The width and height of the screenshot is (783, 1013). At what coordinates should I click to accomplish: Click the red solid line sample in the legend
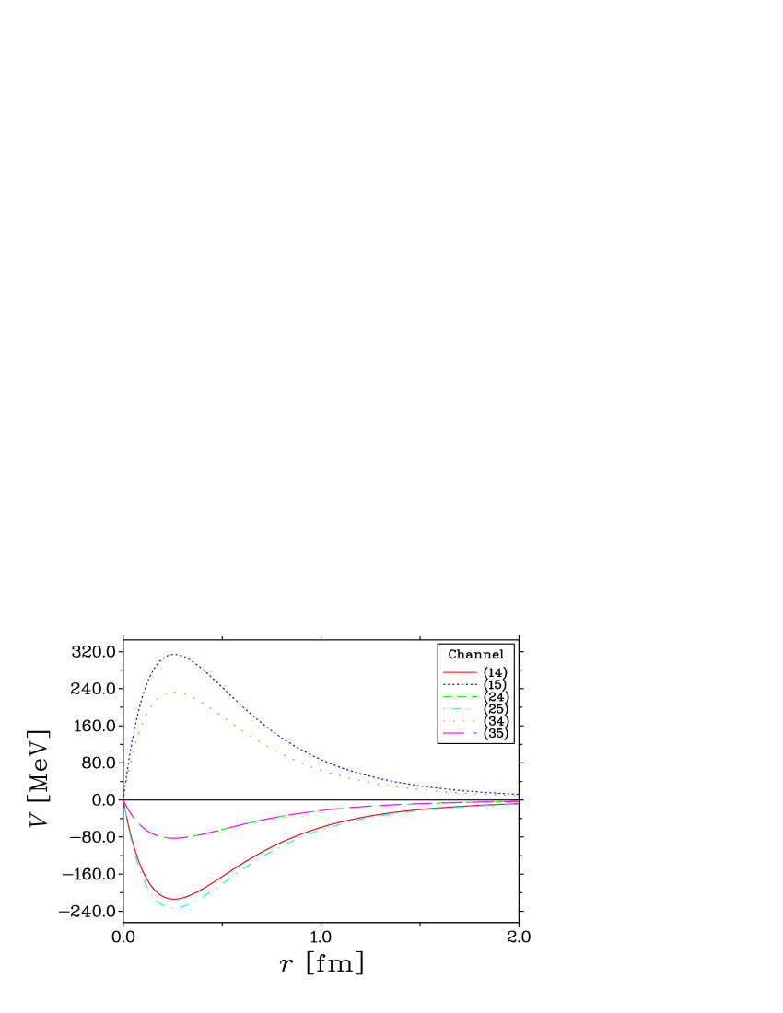(460, 672)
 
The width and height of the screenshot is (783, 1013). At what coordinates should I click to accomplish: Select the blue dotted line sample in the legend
(460, 684)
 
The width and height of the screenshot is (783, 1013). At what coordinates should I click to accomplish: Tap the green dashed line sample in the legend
(460, 697)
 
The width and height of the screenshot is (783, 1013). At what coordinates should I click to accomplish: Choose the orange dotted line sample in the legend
(460, 721)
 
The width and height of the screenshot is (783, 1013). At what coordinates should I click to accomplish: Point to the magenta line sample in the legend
(460, 733)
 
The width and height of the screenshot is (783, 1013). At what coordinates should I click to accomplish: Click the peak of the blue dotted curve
(174, 655)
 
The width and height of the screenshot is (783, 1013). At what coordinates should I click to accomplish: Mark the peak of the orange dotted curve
(174, 693)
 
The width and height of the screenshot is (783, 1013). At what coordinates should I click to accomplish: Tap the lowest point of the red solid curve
(174, 899)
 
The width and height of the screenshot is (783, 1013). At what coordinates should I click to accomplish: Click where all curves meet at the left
(123, 798)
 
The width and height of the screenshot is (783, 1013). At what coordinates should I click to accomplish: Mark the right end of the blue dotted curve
(518, 795)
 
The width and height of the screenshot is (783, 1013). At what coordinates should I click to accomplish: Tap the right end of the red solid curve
(518, 803)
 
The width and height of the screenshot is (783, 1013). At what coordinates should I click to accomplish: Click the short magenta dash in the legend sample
(474, 733)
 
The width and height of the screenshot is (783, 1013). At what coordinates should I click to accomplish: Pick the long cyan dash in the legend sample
(455, 709)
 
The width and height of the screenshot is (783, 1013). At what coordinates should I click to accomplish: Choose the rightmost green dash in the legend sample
(473, 697)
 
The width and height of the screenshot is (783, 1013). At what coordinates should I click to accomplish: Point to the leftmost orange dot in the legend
(445, 721)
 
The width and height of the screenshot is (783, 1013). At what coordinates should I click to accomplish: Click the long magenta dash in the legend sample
(455, 733)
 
